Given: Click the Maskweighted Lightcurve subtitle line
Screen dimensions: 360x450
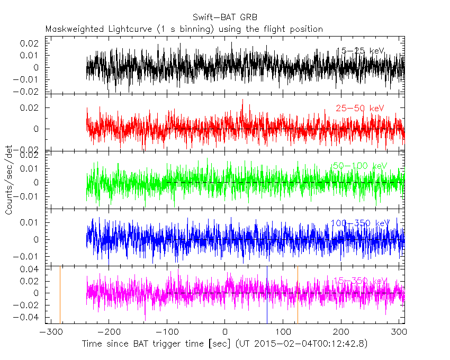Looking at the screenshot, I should point(184,29).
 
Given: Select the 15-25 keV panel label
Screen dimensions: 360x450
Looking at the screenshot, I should point(360,51).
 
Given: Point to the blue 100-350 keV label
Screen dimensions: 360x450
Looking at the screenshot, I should point(359,223).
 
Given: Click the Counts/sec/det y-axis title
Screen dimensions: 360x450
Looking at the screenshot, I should point(9,181).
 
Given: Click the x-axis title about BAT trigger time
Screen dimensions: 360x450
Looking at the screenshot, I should point(224,344).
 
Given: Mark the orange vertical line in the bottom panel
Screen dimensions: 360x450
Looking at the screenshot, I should point(298,294).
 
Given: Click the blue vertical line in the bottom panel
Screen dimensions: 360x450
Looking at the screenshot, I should point(267,294).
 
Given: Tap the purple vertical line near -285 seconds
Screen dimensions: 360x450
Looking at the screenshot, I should point(60,294).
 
